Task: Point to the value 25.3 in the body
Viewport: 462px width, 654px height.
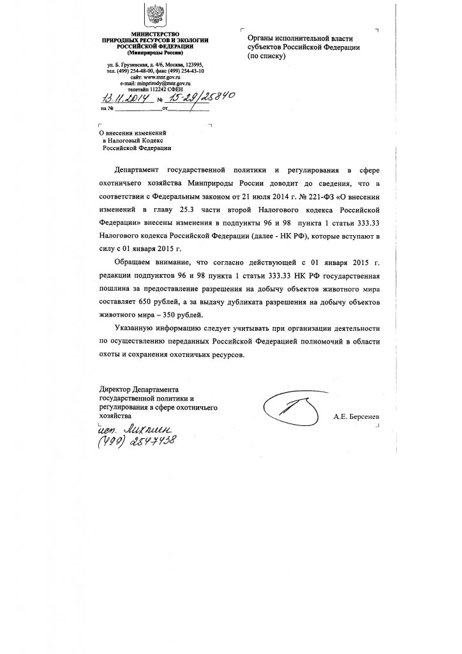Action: click(x=193, y=208)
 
